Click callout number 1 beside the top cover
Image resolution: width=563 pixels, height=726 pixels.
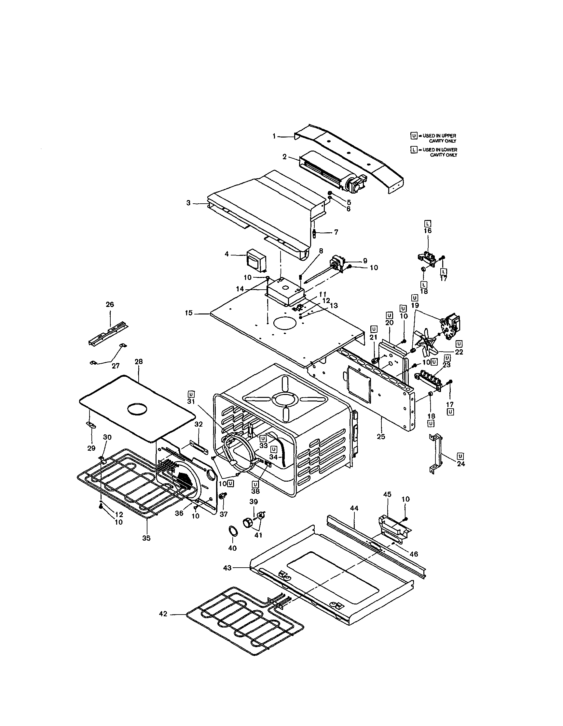tap(274, 136)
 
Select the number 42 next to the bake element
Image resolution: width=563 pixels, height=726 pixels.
tap(163, 614)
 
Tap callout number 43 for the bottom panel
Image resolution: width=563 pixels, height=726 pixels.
tap(227, 568)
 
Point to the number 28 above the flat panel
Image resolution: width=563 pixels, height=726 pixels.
tap(138, 362)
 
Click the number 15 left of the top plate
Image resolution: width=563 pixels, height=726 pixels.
tap(188, 313)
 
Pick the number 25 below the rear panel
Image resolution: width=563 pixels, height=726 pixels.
tap(381, 436)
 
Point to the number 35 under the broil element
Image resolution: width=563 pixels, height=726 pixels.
tap(146, 538)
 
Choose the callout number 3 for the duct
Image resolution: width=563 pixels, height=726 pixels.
tap(188, 203)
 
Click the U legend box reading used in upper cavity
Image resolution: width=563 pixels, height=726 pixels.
tap(414, 136)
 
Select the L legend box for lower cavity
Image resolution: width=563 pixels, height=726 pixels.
tap(414, 150)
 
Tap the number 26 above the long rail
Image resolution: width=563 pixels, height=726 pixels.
tap(110, 304)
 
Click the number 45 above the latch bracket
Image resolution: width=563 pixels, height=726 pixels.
tap(387, 504)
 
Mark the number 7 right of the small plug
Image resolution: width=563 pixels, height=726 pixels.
tap(336, 232)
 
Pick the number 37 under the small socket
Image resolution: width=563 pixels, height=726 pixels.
tap(224, 514)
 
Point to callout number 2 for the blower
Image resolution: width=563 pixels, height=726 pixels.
tap(284, 156)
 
